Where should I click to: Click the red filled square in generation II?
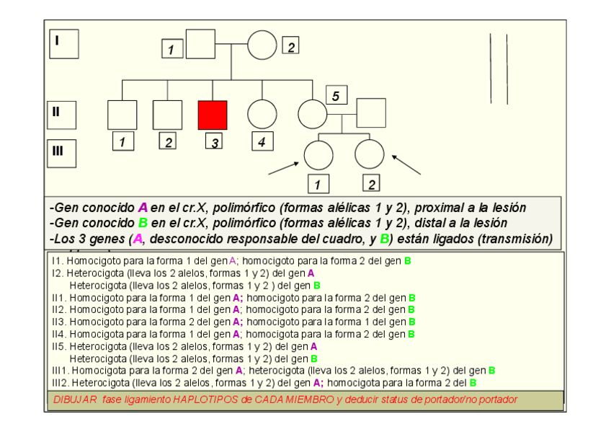(213, 115)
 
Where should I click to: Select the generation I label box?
(64, 44)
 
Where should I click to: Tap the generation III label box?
(63, 152)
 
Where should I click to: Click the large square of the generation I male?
(201, 44)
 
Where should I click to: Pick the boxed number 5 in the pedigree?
(336, 95)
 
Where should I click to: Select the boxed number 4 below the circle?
(262, 142)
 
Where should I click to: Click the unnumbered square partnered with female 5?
(370, 113)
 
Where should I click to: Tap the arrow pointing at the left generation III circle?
(284, 168)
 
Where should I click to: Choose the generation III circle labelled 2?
(369, 154)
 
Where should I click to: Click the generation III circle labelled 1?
(318, 155)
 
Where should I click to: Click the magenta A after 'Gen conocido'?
(143, 208)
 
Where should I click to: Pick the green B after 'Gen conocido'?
(143, 224)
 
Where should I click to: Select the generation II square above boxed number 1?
(122, 115)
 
